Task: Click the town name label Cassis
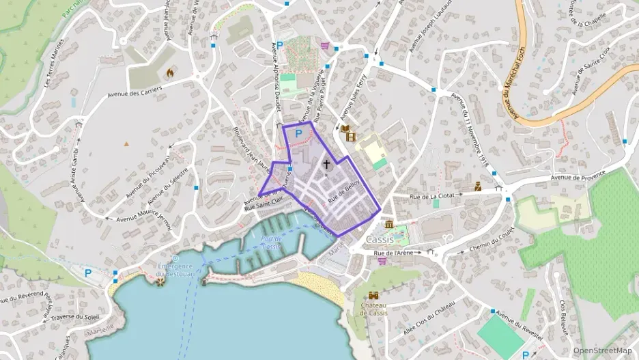380,240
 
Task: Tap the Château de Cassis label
374,309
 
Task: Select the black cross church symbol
326,165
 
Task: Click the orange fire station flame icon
170,70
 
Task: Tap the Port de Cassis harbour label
271,243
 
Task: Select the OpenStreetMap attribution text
602,350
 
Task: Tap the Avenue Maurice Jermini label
143,219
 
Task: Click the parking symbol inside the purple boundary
298,135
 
